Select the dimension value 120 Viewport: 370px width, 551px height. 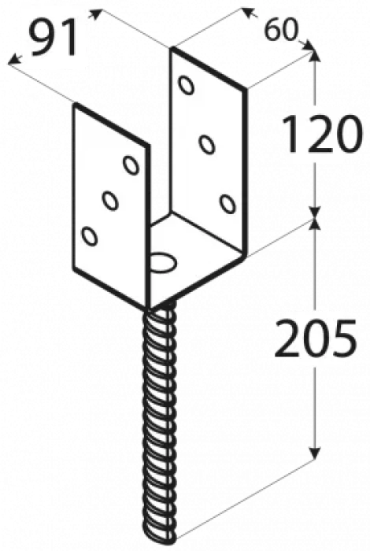321,135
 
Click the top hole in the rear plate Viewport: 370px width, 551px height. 187,85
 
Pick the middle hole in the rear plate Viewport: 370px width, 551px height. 206,144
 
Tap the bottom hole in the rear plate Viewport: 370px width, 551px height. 228,203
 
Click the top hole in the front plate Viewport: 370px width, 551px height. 131,165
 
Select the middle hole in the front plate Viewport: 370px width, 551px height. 110,201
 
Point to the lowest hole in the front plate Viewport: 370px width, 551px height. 89,236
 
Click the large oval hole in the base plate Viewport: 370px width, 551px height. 164,261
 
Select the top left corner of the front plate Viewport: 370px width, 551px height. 75,105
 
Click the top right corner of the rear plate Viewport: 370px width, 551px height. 245,89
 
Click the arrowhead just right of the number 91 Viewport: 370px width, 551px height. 95,14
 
